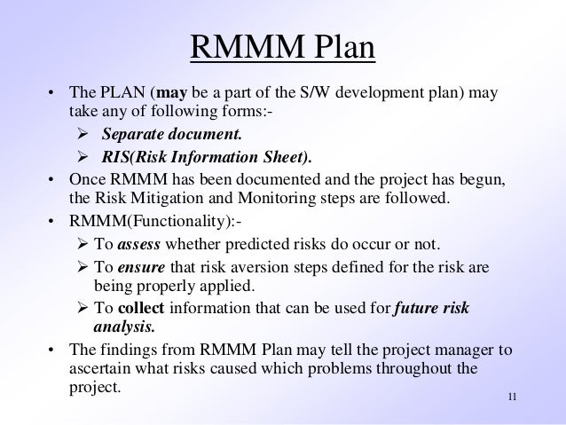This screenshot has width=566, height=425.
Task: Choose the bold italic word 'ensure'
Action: [x=140, y=266]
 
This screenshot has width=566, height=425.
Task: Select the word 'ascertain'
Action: [x=98, y=368]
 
